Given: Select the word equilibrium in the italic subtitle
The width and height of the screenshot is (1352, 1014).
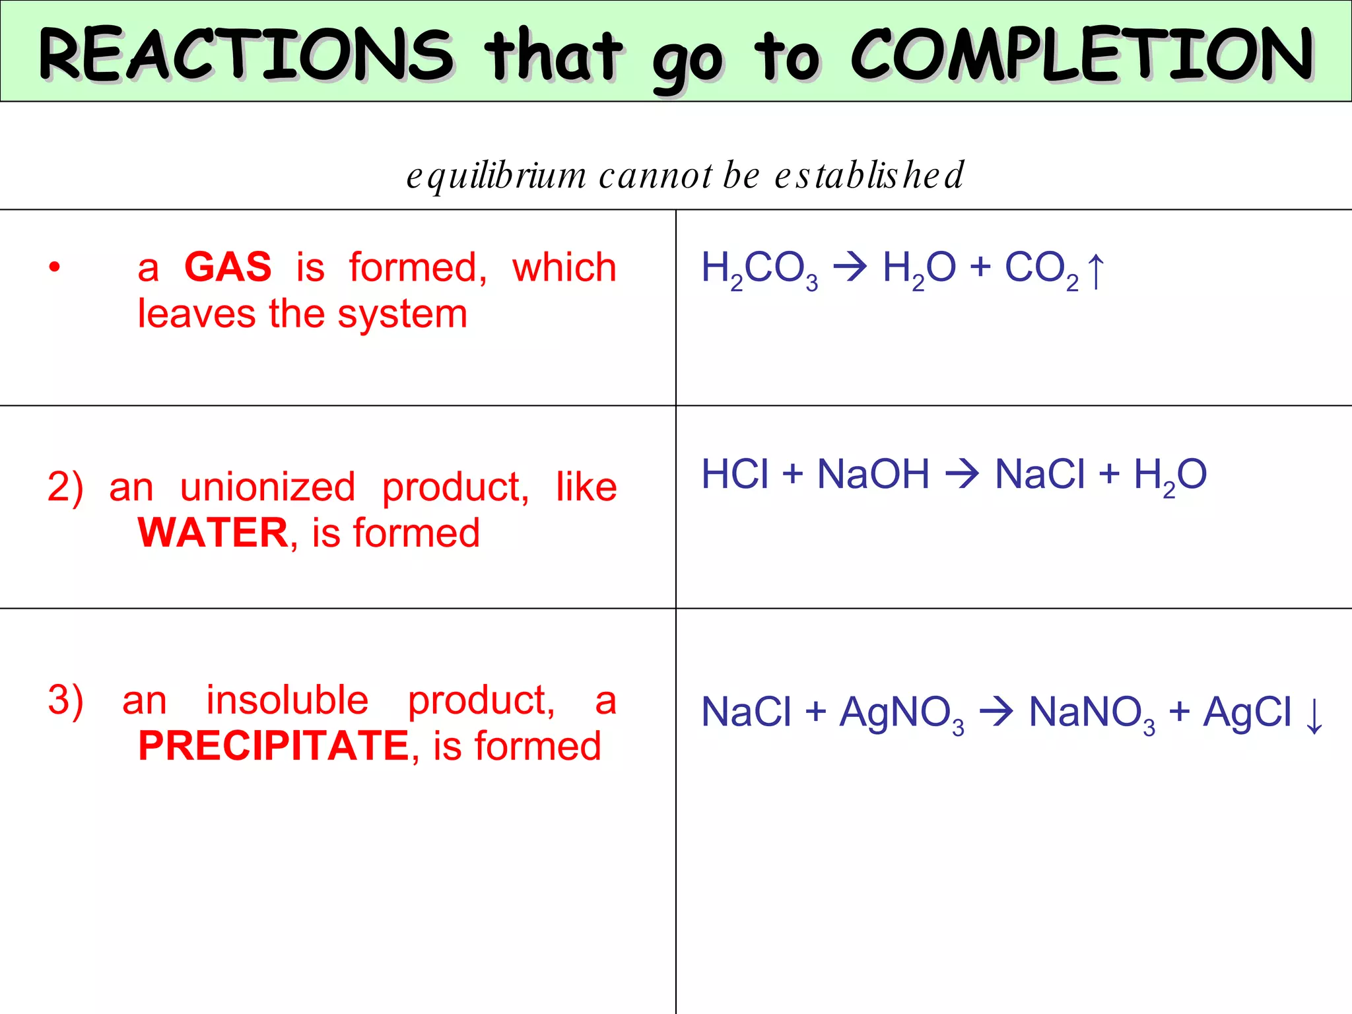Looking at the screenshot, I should (496, 176).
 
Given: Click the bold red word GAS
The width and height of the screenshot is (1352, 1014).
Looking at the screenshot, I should (228, 267).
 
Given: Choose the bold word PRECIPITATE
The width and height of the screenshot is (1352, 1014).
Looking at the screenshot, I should (274, 746).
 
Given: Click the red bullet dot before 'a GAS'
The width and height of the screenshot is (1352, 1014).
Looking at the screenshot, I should (55, 267).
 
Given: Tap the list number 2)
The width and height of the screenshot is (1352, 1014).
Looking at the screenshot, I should (65, 487).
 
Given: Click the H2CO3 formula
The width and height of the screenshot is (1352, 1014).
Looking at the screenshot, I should (759, 269).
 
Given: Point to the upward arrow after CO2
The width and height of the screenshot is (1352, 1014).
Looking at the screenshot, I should (1095, 271).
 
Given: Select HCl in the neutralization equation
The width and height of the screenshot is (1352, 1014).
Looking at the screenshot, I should (735, 474).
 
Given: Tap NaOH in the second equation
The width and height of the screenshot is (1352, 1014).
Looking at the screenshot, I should (873, 474).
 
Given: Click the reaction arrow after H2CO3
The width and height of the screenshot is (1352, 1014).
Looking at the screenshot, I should (850, 267).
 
